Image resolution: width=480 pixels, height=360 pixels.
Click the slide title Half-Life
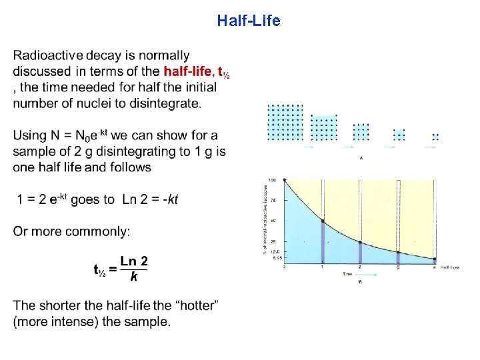249,21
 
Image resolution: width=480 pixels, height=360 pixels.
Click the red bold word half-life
189,71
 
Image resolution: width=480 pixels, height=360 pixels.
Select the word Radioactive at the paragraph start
44,55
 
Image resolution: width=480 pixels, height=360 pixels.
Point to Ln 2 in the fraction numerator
134,261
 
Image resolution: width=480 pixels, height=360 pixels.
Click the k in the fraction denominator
134,277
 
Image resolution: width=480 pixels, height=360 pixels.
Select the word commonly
101,231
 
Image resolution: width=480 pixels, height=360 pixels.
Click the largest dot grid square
285,122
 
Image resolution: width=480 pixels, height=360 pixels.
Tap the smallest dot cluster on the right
435,136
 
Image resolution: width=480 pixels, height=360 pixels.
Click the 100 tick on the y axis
272,180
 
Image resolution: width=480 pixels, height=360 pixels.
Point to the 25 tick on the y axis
273,241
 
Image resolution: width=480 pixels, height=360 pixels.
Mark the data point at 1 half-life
323,221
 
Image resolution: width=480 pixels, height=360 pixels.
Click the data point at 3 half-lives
398,252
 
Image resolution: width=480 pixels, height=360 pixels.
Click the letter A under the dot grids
361,158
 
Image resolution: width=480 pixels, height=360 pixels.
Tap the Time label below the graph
347,274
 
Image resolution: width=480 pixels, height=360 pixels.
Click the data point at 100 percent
285,180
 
